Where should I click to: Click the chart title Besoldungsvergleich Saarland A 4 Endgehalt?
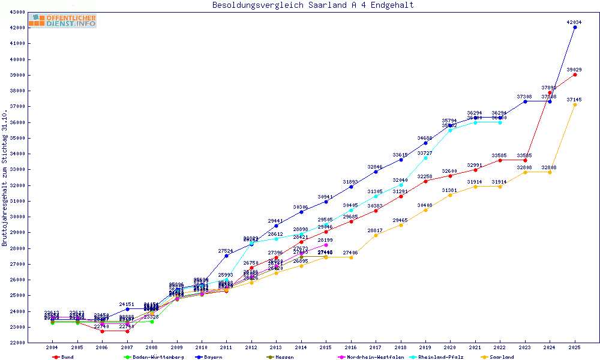[313, 5]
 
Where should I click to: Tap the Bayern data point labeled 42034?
[575, 27]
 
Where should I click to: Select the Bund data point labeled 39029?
[575, 74]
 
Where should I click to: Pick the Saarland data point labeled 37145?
[575, 104]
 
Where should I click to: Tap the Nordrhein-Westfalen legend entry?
[370, 357]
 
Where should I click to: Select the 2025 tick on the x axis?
[575, 347]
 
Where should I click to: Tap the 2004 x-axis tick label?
[53, 347]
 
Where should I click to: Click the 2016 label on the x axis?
[351, 347]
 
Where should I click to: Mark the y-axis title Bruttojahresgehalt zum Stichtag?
[5, 178]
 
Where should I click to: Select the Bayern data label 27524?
[226, 251]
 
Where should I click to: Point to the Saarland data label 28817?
[375, 230]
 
